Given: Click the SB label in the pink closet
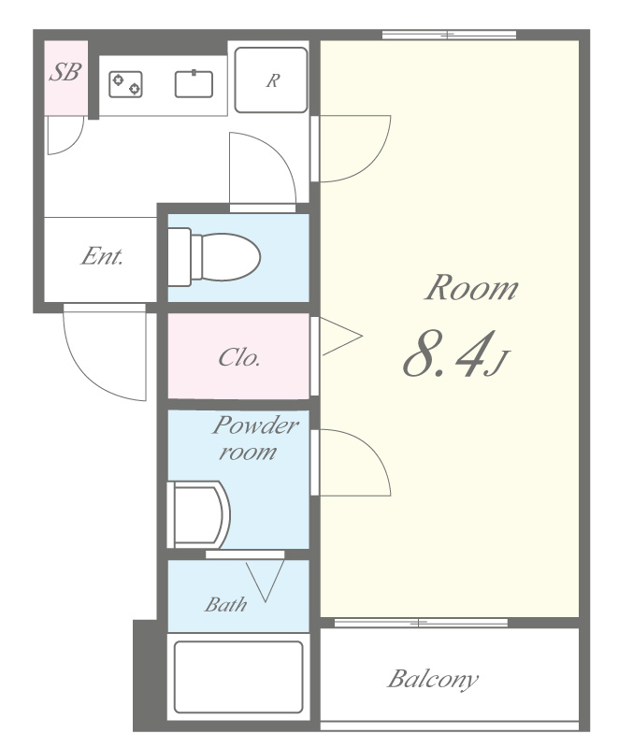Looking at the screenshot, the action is click(x=65, y=72).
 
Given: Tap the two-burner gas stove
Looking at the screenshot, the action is click(x=125, y=84).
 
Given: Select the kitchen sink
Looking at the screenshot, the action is click(x=194, y=84).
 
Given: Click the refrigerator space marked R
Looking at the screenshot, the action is click(x=271, y=80).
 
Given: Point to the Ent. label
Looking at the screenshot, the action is click(x=102, y=256).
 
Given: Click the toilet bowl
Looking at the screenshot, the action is click(x=230, y=257).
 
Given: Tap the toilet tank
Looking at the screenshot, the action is click(x=180, y=257).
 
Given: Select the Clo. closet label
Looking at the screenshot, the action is click(x=239, y=357).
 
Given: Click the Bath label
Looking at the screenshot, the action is click(x=226, y=604).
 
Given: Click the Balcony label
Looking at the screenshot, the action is click(x=432, y=680).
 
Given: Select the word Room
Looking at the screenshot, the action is click(x=471, y=288).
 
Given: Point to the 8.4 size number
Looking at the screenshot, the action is click(x=449, y=354).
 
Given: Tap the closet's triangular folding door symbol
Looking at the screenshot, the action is click(x=340, y=336).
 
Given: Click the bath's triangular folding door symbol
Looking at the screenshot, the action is click(x=266, y=580).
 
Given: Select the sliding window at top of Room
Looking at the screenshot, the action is click(x=450, y=35).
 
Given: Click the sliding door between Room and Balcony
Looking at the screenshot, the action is click(x=421, y=623).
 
